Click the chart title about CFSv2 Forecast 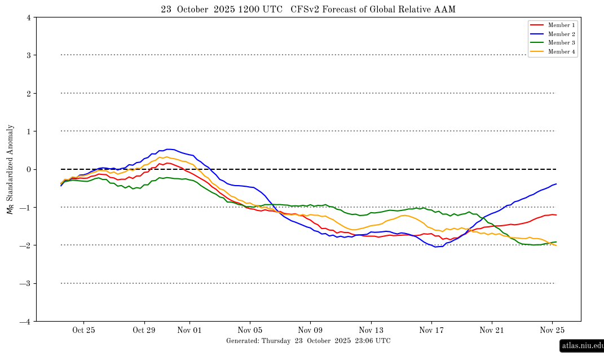[x=308, y=10]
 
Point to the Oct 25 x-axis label [x=83, y=331]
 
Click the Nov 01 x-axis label [x=189, y=331]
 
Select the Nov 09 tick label [x=311, y=331]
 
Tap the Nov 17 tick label [x=431, y=331]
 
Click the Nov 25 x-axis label [x=553, y=331]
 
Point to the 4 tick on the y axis [x=28, y=17]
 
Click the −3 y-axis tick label [x=26, y=284]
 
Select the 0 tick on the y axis [x=28, y=169]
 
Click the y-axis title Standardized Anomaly [x=10, y=169]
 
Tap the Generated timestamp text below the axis [x=308, y=341]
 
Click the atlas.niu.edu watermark [x=582, y=345]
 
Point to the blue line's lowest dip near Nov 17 [x=436, y=247]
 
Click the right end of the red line [x=557, y=215]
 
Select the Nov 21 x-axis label [x=492, y=331]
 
